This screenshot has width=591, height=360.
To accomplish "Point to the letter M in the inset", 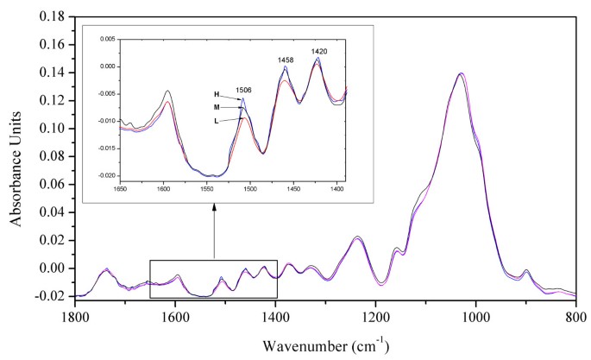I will [x=217, y=106].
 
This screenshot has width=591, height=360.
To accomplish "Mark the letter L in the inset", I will [x=217, y=122].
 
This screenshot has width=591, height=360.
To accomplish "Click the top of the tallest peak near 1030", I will [x=461, y=73].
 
